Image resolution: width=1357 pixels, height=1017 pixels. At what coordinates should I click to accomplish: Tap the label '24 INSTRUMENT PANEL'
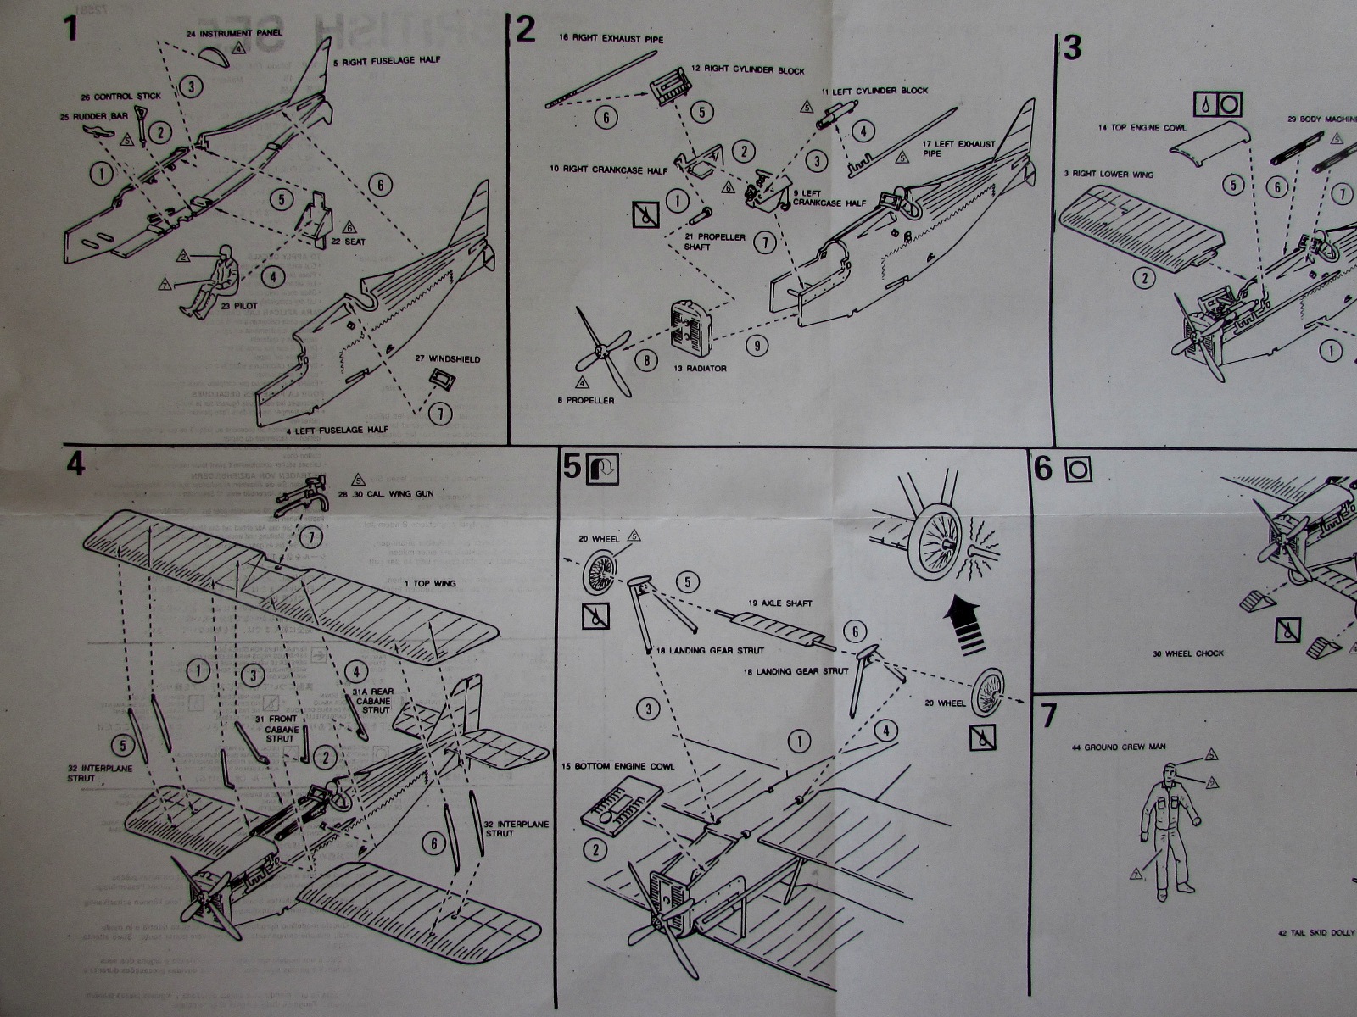[235, 33]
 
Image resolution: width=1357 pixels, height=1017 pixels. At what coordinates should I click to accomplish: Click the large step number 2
[526, 30]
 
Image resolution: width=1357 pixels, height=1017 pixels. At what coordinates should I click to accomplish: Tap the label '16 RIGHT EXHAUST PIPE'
[611, 39]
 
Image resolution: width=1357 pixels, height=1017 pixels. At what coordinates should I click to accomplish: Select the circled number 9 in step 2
[757, 345]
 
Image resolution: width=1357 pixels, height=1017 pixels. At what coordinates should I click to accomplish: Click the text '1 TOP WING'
[430, 584]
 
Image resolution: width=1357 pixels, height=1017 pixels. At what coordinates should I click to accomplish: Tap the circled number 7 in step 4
[312, 537]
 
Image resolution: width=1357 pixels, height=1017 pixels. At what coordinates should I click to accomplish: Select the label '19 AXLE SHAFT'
[779, 603]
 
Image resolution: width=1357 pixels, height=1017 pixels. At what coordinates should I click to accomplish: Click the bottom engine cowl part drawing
[623, 806]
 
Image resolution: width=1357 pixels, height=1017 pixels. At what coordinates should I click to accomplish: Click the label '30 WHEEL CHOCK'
[1187, 653]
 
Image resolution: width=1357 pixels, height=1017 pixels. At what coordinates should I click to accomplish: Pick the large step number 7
[1049, 716]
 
